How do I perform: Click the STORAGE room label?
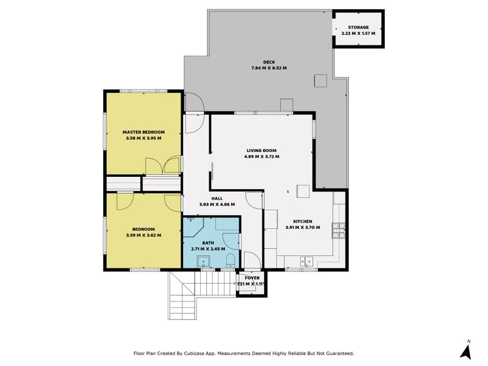coord(358,27)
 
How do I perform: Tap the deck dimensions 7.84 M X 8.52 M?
coord(269,68)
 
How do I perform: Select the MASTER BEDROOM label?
coord(143,132)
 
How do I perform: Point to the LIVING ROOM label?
coord(262,150)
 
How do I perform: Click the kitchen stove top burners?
coord(339,230)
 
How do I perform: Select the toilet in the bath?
coord(230,262)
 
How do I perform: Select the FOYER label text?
coord(252,278)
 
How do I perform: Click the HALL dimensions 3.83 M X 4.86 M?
coord(217,204)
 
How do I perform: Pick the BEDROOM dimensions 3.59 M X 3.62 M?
coord(143,235)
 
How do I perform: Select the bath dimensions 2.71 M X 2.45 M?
coord(208,249)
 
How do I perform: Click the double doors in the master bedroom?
coord(163,165)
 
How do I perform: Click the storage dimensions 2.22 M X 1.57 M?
coord(358,34)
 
